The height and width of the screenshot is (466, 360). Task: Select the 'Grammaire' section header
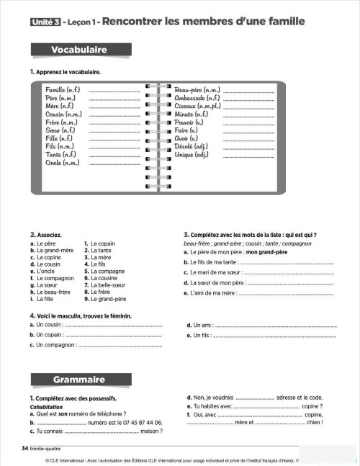79,380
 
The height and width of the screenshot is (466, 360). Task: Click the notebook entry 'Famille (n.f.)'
63,90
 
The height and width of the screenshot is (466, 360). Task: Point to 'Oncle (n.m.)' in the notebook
62,163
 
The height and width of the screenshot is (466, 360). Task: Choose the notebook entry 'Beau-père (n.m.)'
197,90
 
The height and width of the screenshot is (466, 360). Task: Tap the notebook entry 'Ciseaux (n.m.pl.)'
198,106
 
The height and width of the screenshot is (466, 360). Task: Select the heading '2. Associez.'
45,235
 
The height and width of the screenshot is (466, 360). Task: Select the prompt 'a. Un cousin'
47,326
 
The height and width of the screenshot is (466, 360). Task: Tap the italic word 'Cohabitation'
47,406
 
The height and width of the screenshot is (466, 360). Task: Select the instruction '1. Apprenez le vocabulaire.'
66,72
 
